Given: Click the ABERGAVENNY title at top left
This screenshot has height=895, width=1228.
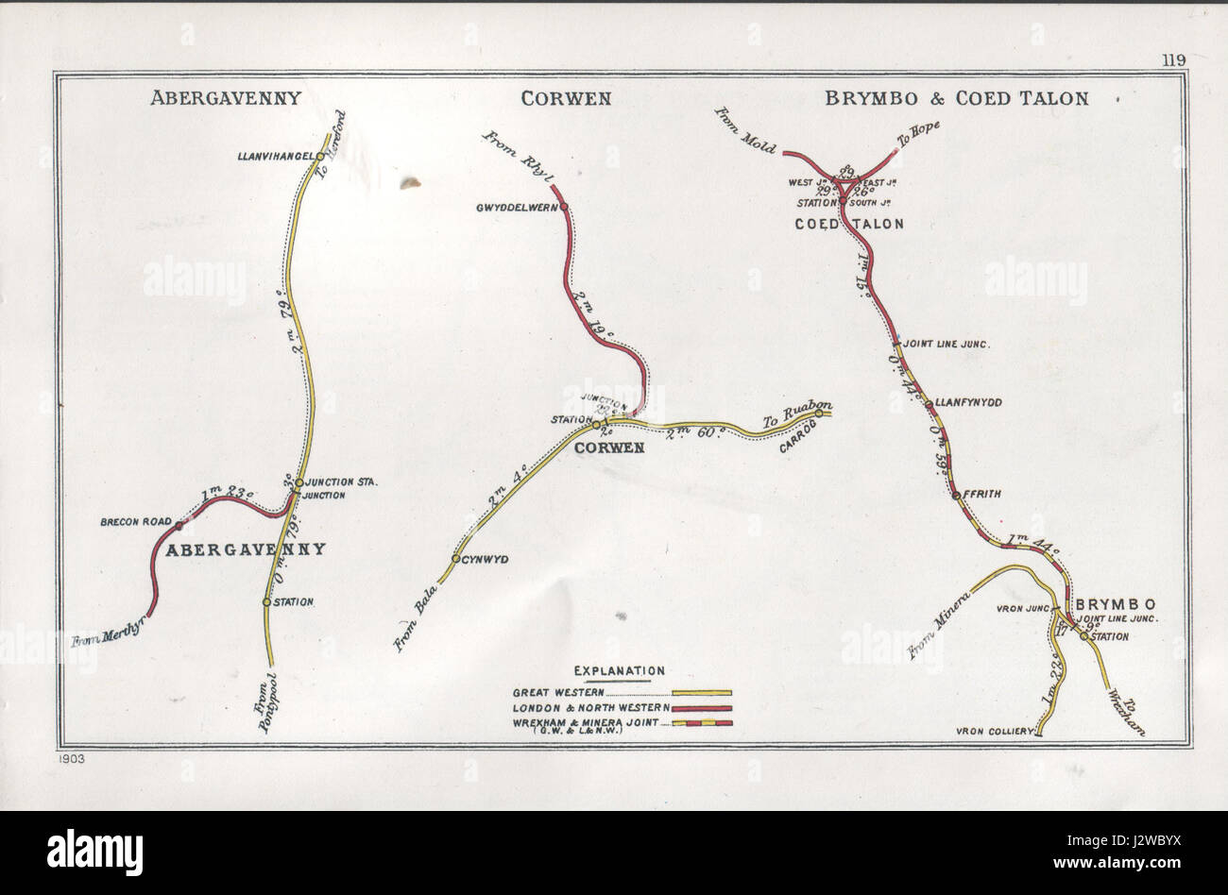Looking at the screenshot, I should (x=225, y=97).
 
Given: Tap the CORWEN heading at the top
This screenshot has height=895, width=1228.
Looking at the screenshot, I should (x=564, y=97).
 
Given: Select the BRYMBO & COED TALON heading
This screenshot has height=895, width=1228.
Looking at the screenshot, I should (x=956, y=97).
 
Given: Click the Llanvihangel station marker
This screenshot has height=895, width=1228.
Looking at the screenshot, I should (x=320, y=157).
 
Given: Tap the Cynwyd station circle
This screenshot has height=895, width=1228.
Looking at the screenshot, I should (x=455, y=560).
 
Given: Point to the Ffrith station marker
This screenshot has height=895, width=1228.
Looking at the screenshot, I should (x=956, y=495).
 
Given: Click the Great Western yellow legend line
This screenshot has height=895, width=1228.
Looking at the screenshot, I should (x=701, y=692).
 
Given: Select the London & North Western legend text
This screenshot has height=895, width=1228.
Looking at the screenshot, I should (x=590, y=707).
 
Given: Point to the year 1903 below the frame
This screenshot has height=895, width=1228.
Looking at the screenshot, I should (x=70, y=759).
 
